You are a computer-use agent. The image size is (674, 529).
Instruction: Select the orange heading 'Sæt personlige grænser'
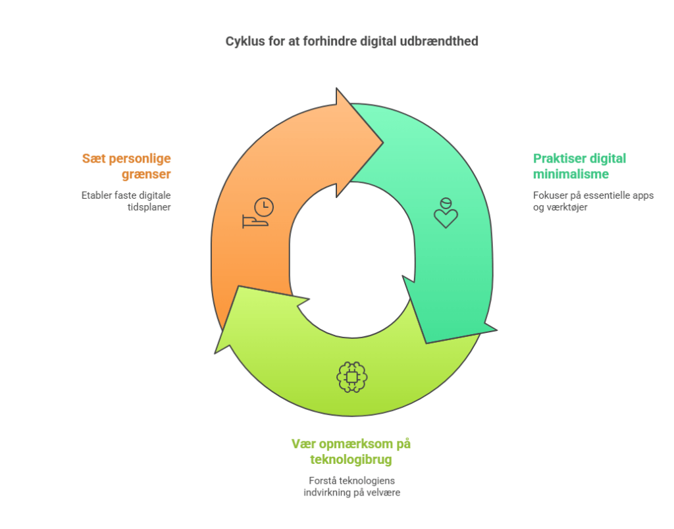(x=126, y=166)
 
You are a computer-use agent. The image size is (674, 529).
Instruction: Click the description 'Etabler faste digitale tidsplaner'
(x=126, y=201)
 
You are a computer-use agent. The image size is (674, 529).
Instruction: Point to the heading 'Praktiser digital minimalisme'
(x=579, y=166)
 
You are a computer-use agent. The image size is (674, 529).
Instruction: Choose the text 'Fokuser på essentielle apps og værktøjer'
(x=593, y=201)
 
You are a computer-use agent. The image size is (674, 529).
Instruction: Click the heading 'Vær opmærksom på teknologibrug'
(x=351, y=451)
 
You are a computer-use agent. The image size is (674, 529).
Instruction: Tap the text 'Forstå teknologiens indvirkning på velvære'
(x=351, y=486)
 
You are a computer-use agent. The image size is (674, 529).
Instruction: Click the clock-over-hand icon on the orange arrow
(x=258, y=213)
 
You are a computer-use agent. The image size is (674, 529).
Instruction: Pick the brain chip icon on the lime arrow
(x=351, y=376)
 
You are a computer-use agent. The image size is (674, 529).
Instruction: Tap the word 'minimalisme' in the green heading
(x=571, y=174)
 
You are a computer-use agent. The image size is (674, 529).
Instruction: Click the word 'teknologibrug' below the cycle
(x=351, y=459)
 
